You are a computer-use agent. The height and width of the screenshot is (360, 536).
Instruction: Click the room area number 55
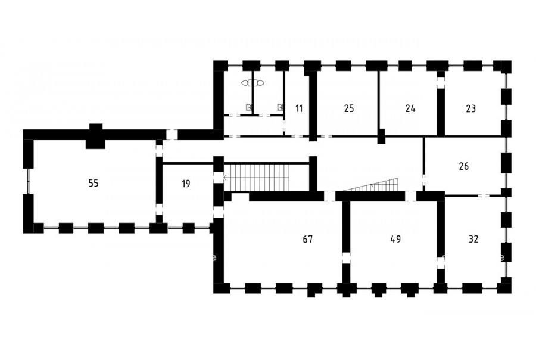[94, 184]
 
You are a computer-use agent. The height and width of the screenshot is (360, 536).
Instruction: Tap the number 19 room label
[186, 184]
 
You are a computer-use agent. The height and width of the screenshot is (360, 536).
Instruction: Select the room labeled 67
[308, 239]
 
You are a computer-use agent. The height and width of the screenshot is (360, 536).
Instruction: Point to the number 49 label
[395, 239]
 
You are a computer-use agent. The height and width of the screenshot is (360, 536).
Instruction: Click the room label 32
[473, 239]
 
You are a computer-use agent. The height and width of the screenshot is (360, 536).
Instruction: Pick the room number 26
[464, 167]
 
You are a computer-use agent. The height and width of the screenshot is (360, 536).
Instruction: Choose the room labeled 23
[470, 109]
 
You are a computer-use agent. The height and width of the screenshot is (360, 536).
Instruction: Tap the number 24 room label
[410, 109]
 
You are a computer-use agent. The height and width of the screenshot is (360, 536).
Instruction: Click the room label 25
[349, 109]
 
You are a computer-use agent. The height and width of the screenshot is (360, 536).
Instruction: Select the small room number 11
[299, 109]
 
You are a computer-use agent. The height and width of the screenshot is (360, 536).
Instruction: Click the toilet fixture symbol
[253, 83]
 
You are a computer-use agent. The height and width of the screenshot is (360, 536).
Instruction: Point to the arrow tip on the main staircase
[224, 178]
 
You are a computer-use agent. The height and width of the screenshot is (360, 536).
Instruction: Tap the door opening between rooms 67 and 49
[346, 258]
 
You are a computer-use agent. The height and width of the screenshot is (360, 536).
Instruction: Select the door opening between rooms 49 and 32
[441, 263]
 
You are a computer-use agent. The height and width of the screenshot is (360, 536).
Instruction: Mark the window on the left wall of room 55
[29, 181]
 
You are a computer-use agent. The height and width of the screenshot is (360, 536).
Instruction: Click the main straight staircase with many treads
[266, 178]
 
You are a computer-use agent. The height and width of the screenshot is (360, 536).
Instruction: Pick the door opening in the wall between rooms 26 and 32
[484, 195]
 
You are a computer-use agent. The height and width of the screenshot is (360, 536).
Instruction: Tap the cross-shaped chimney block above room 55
[95, 136]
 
